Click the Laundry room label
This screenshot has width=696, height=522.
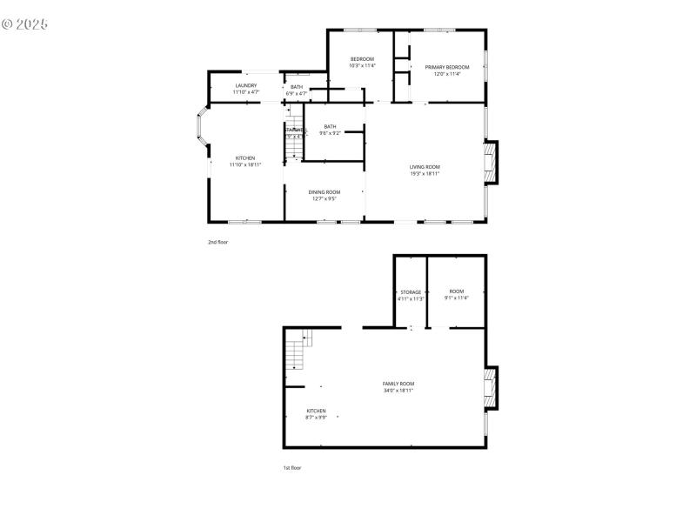coord(246,88)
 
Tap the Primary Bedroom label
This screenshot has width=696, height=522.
coord(447,70)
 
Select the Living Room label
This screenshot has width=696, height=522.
coord(425,170)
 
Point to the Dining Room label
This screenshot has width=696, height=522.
coord(325,195)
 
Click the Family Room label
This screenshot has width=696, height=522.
coord(398,386)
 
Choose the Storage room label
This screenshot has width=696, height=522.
coord(411,295)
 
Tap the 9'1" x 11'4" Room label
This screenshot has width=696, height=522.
coord(457,294)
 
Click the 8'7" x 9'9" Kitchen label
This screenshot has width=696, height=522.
coord(316,413)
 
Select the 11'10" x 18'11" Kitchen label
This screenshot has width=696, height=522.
coord(245,161)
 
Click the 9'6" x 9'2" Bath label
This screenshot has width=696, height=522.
coord(330,130)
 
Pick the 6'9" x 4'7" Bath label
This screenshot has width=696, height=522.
coord(297,90)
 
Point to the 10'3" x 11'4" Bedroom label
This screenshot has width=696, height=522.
coord(362,62)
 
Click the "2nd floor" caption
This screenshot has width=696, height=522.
coord(217,242)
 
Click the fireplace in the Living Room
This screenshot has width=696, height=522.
coord(492,163)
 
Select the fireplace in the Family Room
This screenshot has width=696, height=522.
coord(492,387)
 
